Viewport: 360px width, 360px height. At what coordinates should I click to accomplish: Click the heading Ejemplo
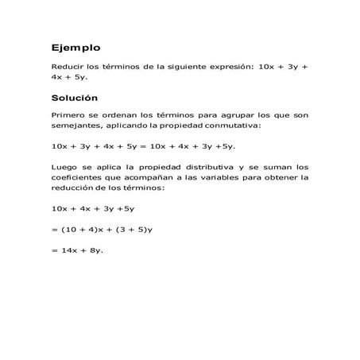click(75, 48)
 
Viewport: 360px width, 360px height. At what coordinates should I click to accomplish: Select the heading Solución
click(74, 98)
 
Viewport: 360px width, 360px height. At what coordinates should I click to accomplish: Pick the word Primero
click(66, 115)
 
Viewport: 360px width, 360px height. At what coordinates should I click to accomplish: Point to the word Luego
click(63, 167)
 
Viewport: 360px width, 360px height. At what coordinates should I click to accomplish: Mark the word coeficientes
click(78, 177)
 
